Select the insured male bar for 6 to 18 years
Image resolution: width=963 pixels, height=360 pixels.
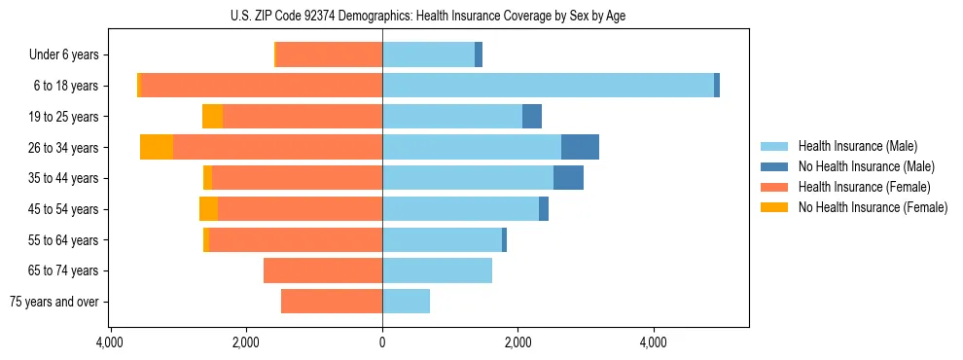tap(548, 85)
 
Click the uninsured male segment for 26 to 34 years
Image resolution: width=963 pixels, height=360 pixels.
tap(580, 147)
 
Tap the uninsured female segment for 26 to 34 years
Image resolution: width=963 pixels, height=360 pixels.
tap(157, 147)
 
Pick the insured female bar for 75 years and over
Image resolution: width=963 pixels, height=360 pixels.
tap(332, 302)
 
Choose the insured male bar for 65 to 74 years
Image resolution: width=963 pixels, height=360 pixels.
tap(437, 270)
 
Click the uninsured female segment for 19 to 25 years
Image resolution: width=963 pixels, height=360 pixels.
tap(212, 116)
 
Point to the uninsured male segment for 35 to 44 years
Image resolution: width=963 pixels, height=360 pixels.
tap(568, 178)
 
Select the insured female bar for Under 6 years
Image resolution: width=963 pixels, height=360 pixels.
tap(329, 54)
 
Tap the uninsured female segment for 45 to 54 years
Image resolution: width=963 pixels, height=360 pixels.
tap(208, 208)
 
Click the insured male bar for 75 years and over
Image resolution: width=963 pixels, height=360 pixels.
tap(406, 302)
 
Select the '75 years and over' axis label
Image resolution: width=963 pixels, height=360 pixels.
tap(55, 303)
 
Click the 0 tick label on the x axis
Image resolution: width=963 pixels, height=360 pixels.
tap(382, 342)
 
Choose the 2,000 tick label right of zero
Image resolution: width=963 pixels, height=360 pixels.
tap(517, 342)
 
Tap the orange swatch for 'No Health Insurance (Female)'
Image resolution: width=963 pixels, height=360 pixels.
tap(775, 207)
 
